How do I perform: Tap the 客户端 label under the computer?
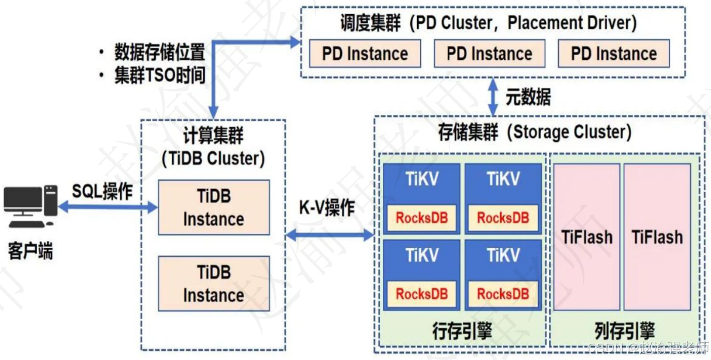point(30,251)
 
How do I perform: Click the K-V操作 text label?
point(327,208)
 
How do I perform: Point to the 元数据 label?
point(528,97)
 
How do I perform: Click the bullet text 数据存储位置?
point(159,52)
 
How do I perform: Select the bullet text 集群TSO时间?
point(159,76)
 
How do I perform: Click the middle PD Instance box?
point(489,54)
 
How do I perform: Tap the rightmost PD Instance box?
point(613,54)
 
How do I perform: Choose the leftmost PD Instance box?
point(365,54)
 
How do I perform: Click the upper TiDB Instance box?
point(213,208)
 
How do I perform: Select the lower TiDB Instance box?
point(213,284)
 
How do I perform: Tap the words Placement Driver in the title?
point(572,23)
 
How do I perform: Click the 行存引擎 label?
point(462,331)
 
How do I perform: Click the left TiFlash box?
point(586,237)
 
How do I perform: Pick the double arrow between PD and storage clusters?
point(492,97)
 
